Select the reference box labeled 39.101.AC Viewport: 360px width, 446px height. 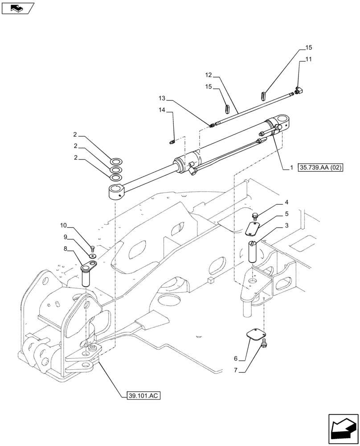pyautogui.click(x=140, y=395)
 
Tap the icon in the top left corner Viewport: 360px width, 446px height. pyautogui.click(x=16, y=8)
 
